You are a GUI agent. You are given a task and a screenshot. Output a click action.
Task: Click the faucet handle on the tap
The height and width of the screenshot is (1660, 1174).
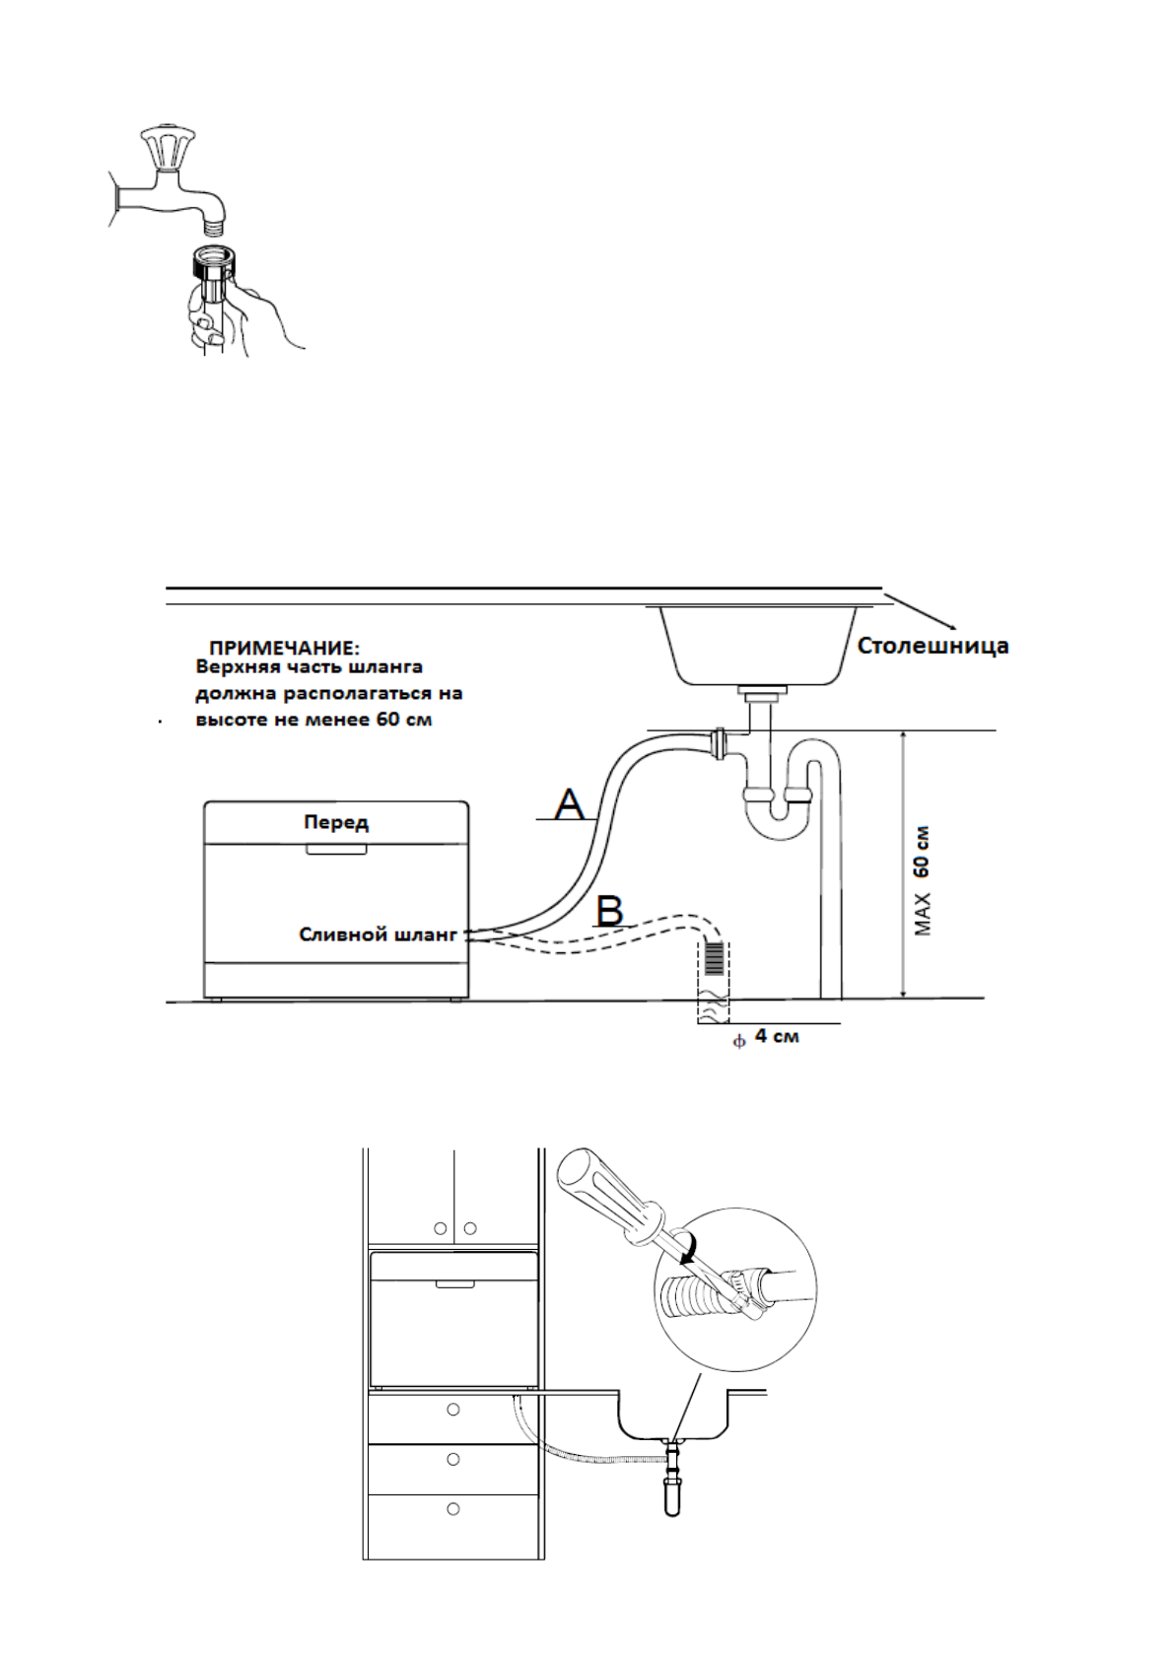pyautogui.click(x=168, y=148)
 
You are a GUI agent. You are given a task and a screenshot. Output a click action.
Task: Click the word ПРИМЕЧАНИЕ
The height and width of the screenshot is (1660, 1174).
pyautogui.click(x=284, y=648)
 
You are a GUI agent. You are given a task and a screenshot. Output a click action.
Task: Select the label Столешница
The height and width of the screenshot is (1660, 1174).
pyautogui.click(x=932, y=646)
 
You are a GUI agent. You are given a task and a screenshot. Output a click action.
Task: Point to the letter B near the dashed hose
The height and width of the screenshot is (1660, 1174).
pyautogui.click(x=610, y=910)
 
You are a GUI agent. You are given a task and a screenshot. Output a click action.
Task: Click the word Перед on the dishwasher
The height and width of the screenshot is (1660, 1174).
pyautogui.click(x=336, y=822)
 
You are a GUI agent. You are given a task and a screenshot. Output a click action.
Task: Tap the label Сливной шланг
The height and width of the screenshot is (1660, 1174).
pyautogui.click(x=379, y=934)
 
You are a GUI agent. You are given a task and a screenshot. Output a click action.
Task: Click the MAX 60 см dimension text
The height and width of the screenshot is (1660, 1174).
pyautogui.click(x=922, y=880)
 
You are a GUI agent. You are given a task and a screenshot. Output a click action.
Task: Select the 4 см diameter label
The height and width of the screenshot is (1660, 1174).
pyautogui.click(x=776, y=1036)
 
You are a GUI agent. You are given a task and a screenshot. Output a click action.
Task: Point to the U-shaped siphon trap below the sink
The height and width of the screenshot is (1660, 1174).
pyautogui.click(x=779, y=813)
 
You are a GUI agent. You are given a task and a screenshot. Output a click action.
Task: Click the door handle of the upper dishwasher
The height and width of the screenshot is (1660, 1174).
pyautogui.click(x=336, y=849)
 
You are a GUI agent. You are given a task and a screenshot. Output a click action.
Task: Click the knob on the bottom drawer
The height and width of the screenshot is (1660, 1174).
pyautogui.click(x=453, y=1508)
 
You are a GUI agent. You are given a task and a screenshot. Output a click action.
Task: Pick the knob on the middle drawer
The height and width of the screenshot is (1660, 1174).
pyautogui.click(x=453, y=1459)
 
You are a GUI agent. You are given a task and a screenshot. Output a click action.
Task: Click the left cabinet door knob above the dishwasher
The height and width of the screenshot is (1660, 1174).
pyautogui.click(x=441, y=1228)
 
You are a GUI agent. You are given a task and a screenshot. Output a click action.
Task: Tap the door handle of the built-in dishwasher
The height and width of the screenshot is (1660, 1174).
pyautogui.click(x=454, y=1284)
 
